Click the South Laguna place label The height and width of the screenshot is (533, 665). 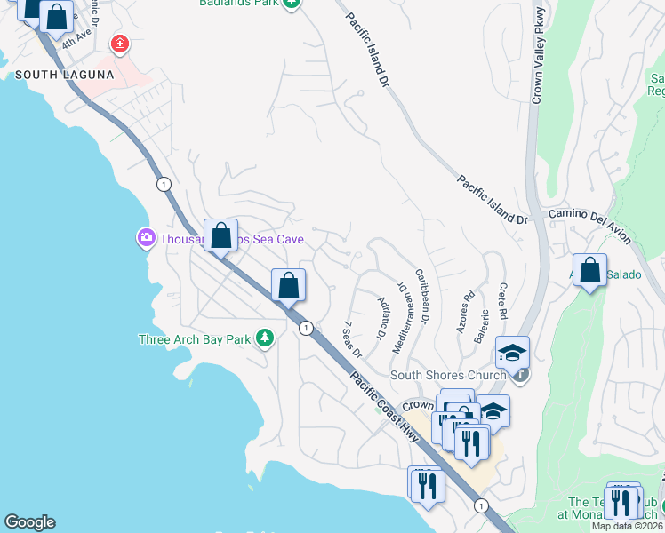tap(65, 76)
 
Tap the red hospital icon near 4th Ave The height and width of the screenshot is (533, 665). tap(119, 44)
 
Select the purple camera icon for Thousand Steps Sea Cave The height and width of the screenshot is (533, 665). tap(145, 238)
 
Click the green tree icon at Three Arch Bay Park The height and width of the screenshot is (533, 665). tap(264, 338)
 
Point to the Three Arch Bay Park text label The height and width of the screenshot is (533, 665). tap(195, 339)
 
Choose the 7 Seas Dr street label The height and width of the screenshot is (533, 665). tap(352, 340)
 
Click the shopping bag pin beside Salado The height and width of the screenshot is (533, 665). tap(589, 271)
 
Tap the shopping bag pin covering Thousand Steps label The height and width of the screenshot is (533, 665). tap(220, 236)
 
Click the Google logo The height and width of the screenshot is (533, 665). tap(29, 522)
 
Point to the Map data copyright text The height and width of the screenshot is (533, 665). tap(628, 526)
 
